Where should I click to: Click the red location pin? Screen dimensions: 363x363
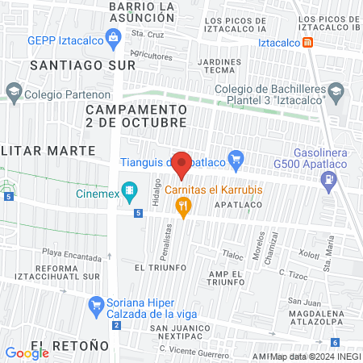click(182, 165)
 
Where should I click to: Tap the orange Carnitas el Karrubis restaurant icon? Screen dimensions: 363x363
click(184, 207)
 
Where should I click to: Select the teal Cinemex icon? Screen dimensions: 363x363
click(128, 192)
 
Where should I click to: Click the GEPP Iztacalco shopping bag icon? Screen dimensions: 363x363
click(114, 37)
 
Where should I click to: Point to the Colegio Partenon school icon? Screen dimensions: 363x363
click(13, 93)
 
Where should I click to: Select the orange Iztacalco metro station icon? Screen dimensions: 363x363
click(308, 42)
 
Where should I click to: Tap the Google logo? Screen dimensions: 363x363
click(27, 352)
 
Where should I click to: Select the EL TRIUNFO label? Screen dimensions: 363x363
click(161, 267)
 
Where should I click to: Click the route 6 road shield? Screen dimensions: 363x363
click(335, 343)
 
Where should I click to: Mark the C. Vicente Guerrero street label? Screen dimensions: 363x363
click(194, 349)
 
